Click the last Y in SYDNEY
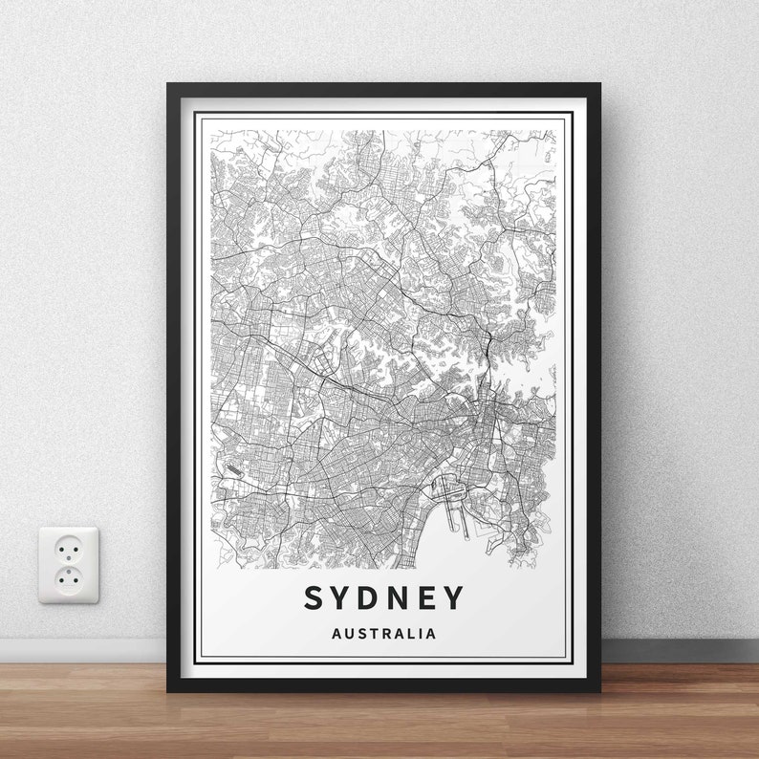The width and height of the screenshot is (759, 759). [455, 598]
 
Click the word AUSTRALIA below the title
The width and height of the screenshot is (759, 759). [383, 633]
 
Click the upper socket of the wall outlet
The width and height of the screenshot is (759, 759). [69, 549]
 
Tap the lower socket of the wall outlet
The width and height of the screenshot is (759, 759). [69, 577]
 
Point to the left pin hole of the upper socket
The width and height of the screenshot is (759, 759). [62, 549]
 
